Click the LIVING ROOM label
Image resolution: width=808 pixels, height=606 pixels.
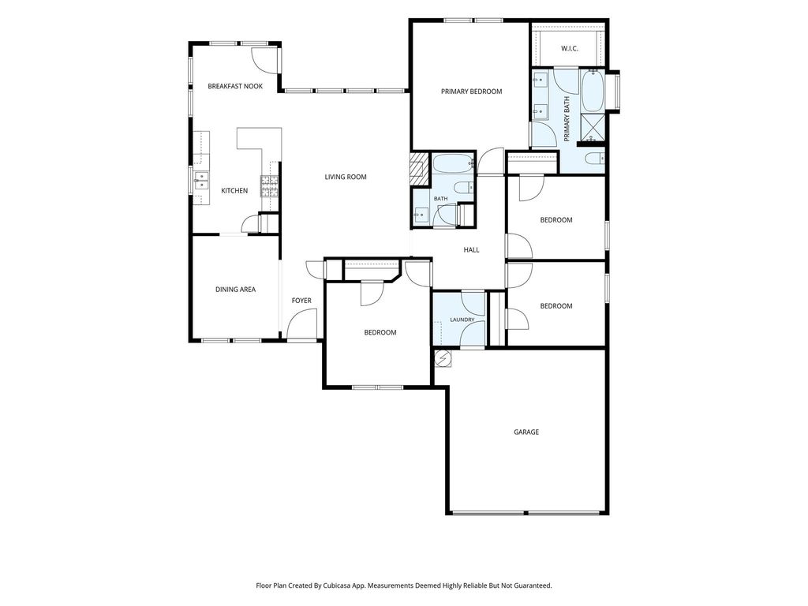tap(346, 177)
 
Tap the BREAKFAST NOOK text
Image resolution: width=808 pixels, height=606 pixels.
tap(235, 86)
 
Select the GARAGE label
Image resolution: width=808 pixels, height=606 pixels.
tap(526, 432)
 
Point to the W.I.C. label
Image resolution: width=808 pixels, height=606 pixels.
tap(570, 48)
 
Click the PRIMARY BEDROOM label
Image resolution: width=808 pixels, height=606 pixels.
tap(472, 92)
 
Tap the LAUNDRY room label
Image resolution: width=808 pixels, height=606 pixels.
tap(462, 320)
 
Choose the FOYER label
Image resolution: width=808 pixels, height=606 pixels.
tap(301, 301)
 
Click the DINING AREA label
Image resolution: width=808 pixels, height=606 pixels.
tap(235, 289)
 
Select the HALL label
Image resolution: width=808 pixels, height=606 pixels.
tap(472, 250)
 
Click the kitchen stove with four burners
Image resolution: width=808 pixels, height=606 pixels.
tap(269, 186)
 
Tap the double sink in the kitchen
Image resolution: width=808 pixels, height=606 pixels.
tap(201, 182)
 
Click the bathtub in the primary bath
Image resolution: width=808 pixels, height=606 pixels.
tap(593, 91)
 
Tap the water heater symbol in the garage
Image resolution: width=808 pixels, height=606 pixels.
tap(443, 359)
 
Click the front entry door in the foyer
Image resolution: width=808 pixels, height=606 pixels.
tap(301, 324)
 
